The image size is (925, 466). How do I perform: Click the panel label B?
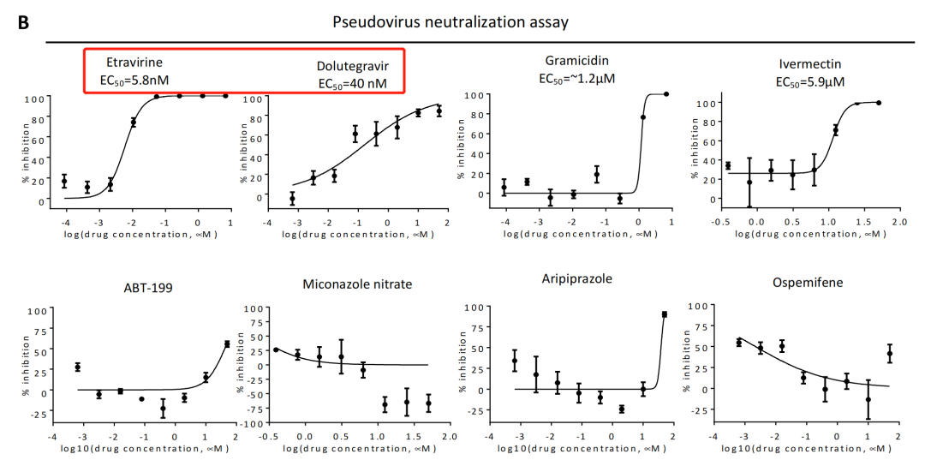tap(25, 22)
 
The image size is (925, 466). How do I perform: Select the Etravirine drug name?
tap(134, 63)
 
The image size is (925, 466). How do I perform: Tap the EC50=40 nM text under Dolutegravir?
tap(353, 83)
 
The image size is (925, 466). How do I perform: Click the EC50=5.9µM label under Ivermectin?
tap(810, 82)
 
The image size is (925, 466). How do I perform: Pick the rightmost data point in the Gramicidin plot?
tap(666, 94)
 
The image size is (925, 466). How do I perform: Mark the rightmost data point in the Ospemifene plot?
tap(890, 353)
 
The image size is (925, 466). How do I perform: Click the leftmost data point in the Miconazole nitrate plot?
tap(276, 349)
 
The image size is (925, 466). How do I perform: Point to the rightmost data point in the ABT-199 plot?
tap(227, 344)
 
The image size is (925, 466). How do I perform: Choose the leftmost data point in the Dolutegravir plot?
tap(292, 199)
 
